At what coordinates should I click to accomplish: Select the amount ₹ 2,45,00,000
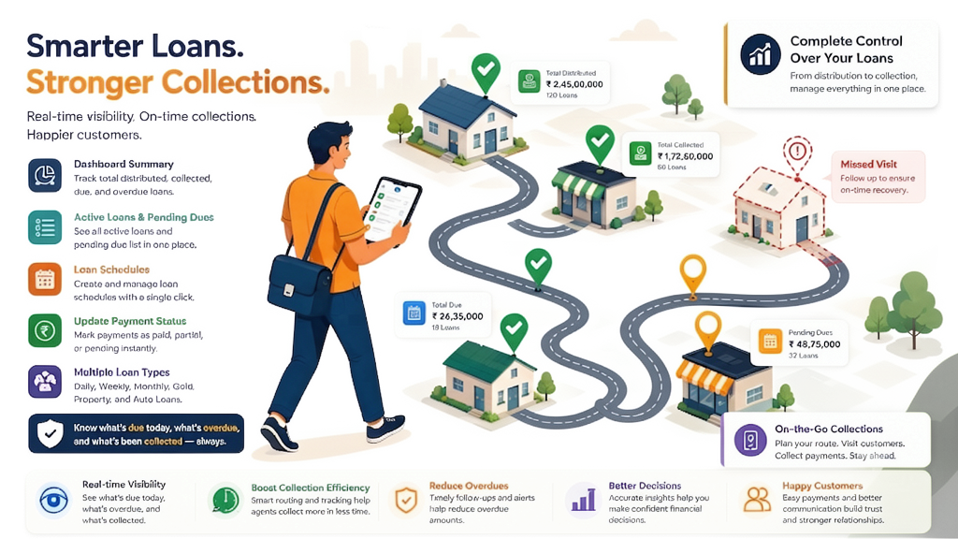[574, 84]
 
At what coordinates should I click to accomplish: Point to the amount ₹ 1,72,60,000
[685, 156]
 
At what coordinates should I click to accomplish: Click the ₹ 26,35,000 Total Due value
[457, 316]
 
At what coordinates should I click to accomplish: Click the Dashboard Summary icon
[45, 175]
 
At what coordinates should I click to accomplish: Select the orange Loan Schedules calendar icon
[45, 279]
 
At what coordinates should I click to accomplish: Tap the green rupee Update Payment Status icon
[45, 330]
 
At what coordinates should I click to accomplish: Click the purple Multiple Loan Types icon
[45, 382]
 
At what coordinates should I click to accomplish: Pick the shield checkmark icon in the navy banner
[51, 434]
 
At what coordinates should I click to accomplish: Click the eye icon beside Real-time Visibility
[53, 501]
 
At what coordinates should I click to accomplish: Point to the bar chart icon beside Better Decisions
[583, 500]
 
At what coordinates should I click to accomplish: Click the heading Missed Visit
[868, 165]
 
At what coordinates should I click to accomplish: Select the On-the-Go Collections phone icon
[750, 440]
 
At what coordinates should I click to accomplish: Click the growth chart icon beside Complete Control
[760, 53]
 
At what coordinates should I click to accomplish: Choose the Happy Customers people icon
[757, 500]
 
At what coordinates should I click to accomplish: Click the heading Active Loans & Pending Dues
[143, 217]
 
